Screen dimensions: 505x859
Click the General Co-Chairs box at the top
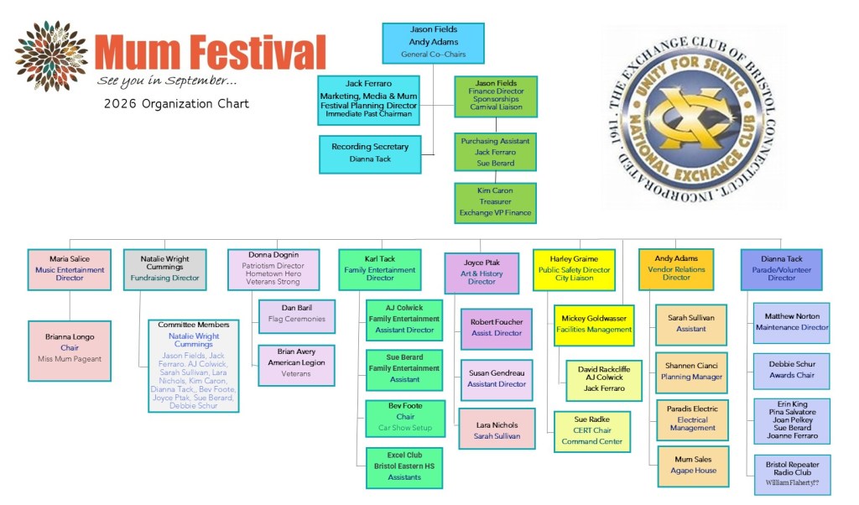coord(433,42)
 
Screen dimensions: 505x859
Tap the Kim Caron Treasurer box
coord(495,202)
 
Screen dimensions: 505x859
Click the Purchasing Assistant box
coord(495,153)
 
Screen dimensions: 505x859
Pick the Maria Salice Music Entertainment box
coord(70,269)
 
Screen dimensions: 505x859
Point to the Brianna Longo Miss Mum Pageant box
coord(70,350)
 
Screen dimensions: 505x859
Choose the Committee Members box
coord(194,365)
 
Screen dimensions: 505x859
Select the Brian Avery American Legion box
coord(296,365)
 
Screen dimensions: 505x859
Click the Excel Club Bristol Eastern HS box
coord(404,467)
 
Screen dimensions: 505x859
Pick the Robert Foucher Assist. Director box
coord(496,328)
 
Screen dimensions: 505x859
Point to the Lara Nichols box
coord(496,428)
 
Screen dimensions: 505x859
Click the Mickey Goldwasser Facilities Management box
coord(593,325)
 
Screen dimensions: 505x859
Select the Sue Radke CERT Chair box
coord(591,430)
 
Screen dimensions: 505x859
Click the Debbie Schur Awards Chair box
coord(791,371)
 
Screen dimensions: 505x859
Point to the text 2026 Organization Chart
coord(176,104)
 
